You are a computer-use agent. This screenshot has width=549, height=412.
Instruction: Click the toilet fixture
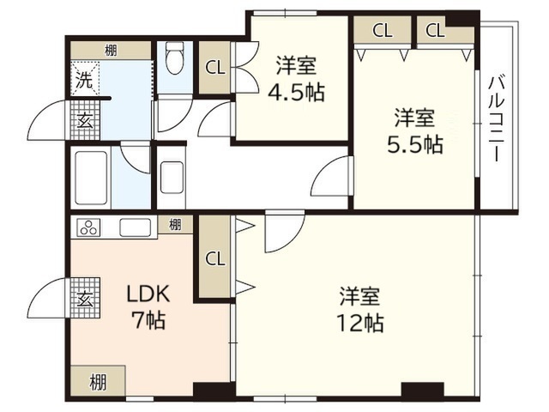tap(174, 58)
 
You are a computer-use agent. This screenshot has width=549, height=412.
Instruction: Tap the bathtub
tap(91, 178)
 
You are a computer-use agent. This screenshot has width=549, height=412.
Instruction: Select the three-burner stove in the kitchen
tap(89, 227)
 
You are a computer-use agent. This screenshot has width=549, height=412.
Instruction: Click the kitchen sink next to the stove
tap(136, 227)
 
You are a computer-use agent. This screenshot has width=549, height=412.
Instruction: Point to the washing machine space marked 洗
tap(85, 78)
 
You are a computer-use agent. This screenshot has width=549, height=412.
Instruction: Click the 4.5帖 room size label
tap(296, 92)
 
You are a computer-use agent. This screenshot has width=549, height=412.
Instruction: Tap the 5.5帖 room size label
tap(415, 144)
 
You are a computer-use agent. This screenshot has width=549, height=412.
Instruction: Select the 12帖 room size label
tap(360, 323)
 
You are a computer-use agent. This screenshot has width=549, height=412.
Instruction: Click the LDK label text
tap(148, 294)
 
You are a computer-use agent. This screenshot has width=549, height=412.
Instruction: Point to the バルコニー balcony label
tap(497, 118)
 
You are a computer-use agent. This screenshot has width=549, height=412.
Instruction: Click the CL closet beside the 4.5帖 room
tap(215, 68)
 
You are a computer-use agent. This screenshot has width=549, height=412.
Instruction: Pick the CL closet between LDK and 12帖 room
tap(215, 258)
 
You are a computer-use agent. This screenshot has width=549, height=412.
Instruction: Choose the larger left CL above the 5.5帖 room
tap(383, 30)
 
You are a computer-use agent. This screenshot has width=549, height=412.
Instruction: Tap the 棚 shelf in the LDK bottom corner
tap(98, 381)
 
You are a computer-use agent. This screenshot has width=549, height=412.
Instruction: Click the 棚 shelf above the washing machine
tap(111, 51)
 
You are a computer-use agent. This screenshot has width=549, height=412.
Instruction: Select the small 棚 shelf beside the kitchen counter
tap(175, 224)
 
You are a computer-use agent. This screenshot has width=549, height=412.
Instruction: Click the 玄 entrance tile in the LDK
tap(85, 298)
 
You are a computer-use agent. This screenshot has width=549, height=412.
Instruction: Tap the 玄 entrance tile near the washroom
tap(85, 120)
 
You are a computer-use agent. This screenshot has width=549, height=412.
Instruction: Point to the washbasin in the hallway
tap(172, 178)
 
